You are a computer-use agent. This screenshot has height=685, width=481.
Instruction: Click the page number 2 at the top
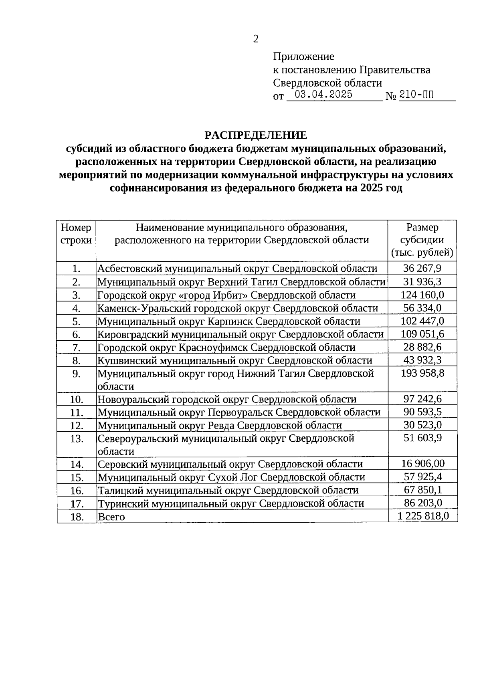click(x=256, y=39)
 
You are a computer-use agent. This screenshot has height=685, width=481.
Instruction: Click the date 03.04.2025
click(x=323, y=95)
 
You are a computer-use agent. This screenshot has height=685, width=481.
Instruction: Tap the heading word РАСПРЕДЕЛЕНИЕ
click(x=256, y=135)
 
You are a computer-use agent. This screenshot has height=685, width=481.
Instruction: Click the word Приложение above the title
click(x=303, y=57)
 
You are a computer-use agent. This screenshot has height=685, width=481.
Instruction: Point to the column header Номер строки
click(x=76, y=234)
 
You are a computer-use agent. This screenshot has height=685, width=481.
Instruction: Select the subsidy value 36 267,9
click(x=422, y=268)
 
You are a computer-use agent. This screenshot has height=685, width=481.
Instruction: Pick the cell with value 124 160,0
click(x=422, y=295)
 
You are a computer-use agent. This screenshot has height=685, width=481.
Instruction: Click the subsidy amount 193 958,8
click(x=422, y=374)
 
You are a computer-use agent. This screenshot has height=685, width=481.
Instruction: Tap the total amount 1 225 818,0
click(x=423, y=516)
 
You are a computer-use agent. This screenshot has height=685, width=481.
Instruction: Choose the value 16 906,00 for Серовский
click(x=423, y=464)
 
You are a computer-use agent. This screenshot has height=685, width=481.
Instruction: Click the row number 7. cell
click(x=77, y=348)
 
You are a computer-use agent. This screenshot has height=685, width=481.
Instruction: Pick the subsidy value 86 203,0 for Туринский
click(x=422, y=503)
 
